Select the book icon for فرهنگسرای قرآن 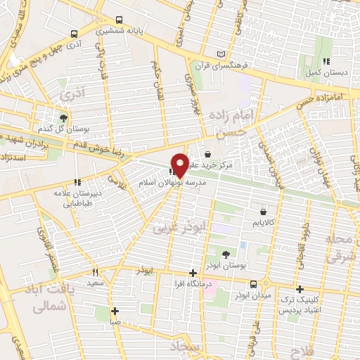[222, 54]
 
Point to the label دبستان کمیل [324, 72]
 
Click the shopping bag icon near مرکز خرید [207, 154]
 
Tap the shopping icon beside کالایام [263, 211]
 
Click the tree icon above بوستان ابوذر [225, 255]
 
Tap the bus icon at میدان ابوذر [252, 284]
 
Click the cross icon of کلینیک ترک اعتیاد [300, 289]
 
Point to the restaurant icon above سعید [95, 272]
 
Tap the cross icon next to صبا [115, 311]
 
